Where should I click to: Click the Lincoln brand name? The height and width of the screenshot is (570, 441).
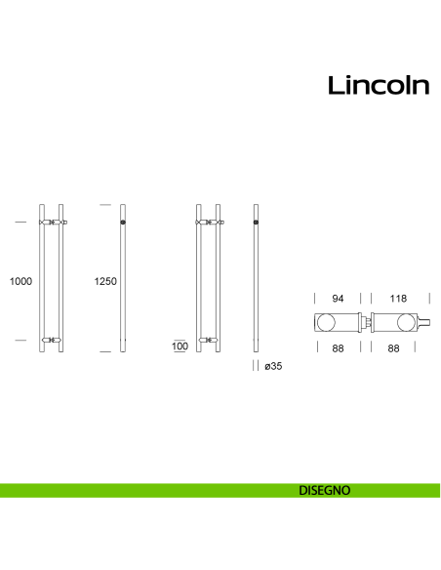(378, 86)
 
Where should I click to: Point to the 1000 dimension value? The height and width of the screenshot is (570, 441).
(20, 281)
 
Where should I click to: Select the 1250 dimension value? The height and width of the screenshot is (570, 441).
(105, 281)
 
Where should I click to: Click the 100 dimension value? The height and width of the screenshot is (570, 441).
(180, 346)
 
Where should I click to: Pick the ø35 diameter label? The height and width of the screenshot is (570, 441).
(274, 366)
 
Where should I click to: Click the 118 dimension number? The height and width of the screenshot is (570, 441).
(398, 297)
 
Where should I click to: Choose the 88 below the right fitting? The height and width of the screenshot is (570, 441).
(398, 347)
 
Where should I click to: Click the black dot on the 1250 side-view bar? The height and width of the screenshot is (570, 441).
(123, 224)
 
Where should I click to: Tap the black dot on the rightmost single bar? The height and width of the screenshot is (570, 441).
(256, 224)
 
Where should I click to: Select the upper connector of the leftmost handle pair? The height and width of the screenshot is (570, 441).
(52, 224)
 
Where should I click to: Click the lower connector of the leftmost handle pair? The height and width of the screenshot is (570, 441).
(52, 341)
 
